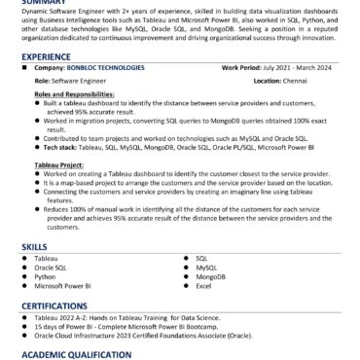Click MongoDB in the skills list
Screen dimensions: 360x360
[210, 276]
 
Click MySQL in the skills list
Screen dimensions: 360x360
[206, 268]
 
